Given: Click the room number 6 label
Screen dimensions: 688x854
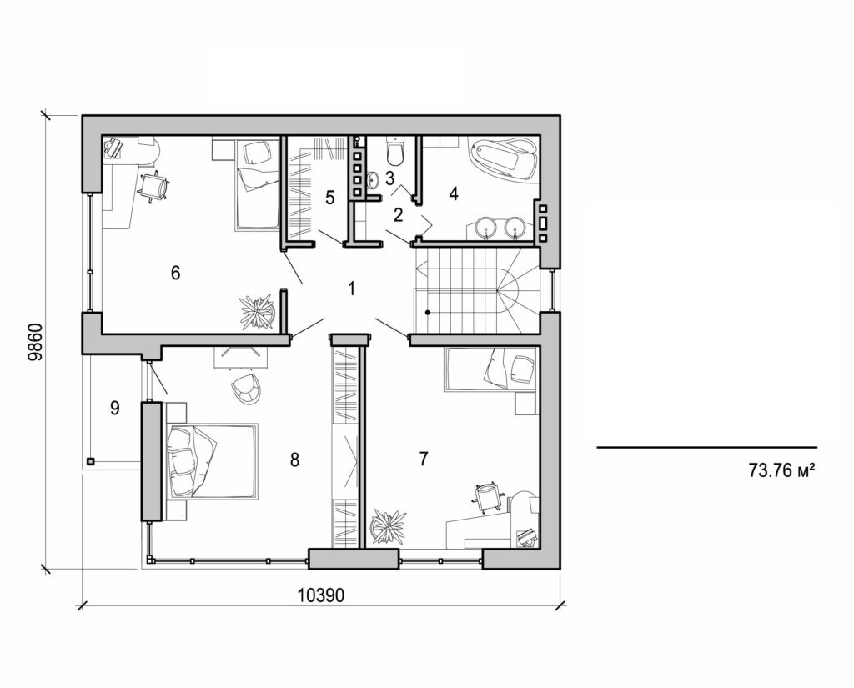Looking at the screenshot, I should click(175, 273).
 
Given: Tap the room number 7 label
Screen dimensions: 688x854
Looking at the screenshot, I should click(424, 458).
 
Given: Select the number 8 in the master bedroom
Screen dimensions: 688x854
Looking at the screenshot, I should click(294, 460).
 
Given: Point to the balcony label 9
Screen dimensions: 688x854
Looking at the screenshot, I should click(115, 408).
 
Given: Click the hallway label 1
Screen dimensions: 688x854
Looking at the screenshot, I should click(352, 289).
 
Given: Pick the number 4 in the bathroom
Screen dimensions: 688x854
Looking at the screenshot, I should click(454, 194).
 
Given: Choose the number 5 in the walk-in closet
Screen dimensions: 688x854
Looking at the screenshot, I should click(329, 198).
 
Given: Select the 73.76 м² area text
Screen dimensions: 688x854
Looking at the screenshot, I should click(781, 470).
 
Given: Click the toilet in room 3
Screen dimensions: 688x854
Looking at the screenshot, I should click(396, 152).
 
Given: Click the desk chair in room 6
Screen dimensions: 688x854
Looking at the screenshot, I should click(153, 186).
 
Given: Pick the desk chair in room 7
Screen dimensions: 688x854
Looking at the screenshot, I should click(488, 497).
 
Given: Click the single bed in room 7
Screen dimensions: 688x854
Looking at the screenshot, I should click(490, 369).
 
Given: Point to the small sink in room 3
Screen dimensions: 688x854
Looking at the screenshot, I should click(374, 178).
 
